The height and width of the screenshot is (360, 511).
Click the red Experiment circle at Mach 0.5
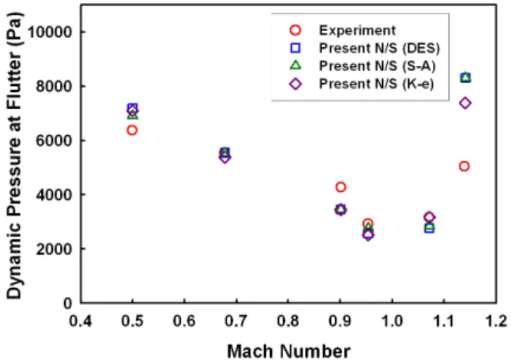point(132,130)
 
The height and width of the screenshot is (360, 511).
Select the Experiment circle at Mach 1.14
point(464,167)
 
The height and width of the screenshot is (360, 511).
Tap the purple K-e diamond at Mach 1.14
point(465,103)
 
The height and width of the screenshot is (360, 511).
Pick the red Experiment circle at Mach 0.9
point(340,187)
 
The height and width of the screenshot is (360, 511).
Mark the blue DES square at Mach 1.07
point(429,228)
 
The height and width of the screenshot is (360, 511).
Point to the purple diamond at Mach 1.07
point(429,217)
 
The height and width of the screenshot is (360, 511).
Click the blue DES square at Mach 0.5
point(133,107)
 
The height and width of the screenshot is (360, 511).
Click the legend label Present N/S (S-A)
point(378,66)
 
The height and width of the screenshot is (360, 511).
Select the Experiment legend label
point(358,30)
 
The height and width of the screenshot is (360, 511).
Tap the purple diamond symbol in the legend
point(295,84)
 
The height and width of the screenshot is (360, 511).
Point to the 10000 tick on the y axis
point(50,32)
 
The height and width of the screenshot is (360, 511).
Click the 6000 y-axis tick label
point(54,141)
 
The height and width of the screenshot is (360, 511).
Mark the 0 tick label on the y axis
point(68,303)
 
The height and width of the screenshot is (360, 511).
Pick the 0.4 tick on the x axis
point(81,321)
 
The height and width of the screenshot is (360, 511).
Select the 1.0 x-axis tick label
point(393,321)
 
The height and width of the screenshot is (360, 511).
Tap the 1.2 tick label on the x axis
point(496,321)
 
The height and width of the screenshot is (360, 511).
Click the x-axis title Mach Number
point(289,351)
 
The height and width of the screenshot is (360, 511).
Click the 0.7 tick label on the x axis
point(236,321)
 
